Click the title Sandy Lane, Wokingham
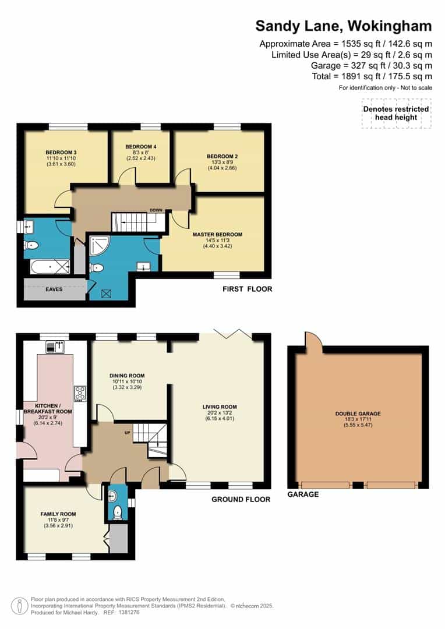tap(344, 26)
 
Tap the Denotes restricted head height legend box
tap(395, 113)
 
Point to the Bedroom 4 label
tap(141, 146)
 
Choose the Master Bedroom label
tap(217, 235)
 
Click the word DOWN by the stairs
tap(156, 210)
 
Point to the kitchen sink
tap(57, 347)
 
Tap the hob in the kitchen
tap(80, 393)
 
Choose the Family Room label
tap(58, 514)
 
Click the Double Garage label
tap(358, 414)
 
